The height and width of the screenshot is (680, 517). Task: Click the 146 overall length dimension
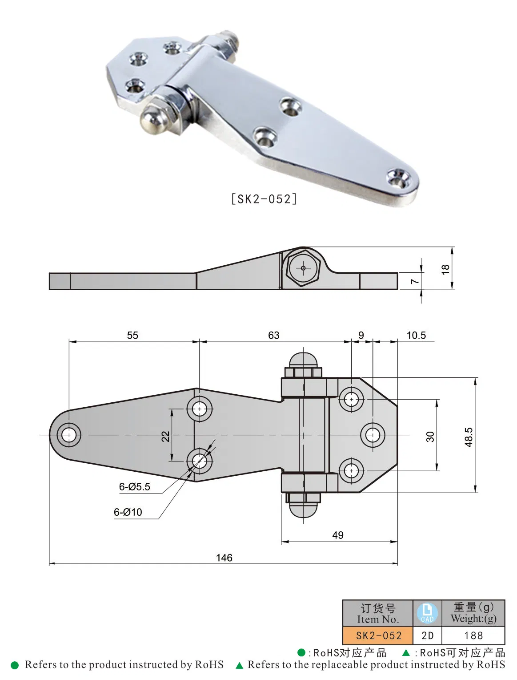click(x=224, y=558)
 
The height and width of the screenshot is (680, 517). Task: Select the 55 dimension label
click(x=132, y=335)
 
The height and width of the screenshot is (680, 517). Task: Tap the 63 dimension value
click(x=274, y=335)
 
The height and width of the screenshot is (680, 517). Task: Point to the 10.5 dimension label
click(x=416, y=335)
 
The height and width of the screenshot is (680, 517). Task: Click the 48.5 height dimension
click(x=469, y=437)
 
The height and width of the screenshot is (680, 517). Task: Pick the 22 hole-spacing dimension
click(x=165, y=436)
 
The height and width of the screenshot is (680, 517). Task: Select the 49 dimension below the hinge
click(x=338, y=535)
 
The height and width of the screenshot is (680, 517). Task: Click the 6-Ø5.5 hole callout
click(x=134, y=487)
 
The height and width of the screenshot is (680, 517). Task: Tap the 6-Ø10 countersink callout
click(x=128, y=512)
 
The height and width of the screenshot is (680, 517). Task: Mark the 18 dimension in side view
click(x=445, y=269)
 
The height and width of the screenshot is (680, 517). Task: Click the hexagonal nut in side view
click(x=303, y=268)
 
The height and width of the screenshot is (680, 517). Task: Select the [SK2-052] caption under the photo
click(x=264, y=199)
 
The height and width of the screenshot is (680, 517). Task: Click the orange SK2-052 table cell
click(x=378, y=635)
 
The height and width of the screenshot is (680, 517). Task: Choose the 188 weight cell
click(x=473, y=635)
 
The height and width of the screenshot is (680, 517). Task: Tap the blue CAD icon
click(x=427, y=613)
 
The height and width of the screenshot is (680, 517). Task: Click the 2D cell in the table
click(x=427, y=635)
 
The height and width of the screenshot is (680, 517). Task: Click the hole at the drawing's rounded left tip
click(x=69, y=435)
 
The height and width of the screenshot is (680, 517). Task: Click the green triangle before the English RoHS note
click(x=240, y=665)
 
